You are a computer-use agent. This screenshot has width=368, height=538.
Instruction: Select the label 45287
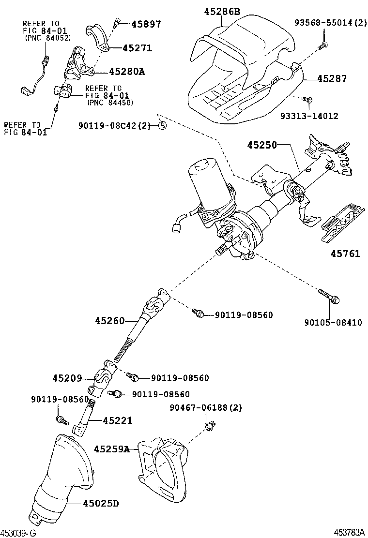332,78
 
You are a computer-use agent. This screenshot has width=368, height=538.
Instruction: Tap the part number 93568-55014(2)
330,23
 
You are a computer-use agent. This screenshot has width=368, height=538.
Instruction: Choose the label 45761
346,254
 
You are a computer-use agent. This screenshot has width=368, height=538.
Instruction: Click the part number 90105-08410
333,323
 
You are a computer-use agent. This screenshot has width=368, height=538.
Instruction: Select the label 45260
110,320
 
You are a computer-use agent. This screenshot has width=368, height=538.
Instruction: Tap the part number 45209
67,378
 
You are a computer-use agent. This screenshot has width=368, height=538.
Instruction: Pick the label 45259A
112,449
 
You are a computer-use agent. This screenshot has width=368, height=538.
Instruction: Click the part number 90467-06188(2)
205,408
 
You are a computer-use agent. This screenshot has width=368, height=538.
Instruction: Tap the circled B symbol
163,126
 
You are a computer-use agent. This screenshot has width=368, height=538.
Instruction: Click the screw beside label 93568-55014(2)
323,45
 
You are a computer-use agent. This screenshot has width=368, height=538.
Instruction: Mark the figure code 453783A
351,532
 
